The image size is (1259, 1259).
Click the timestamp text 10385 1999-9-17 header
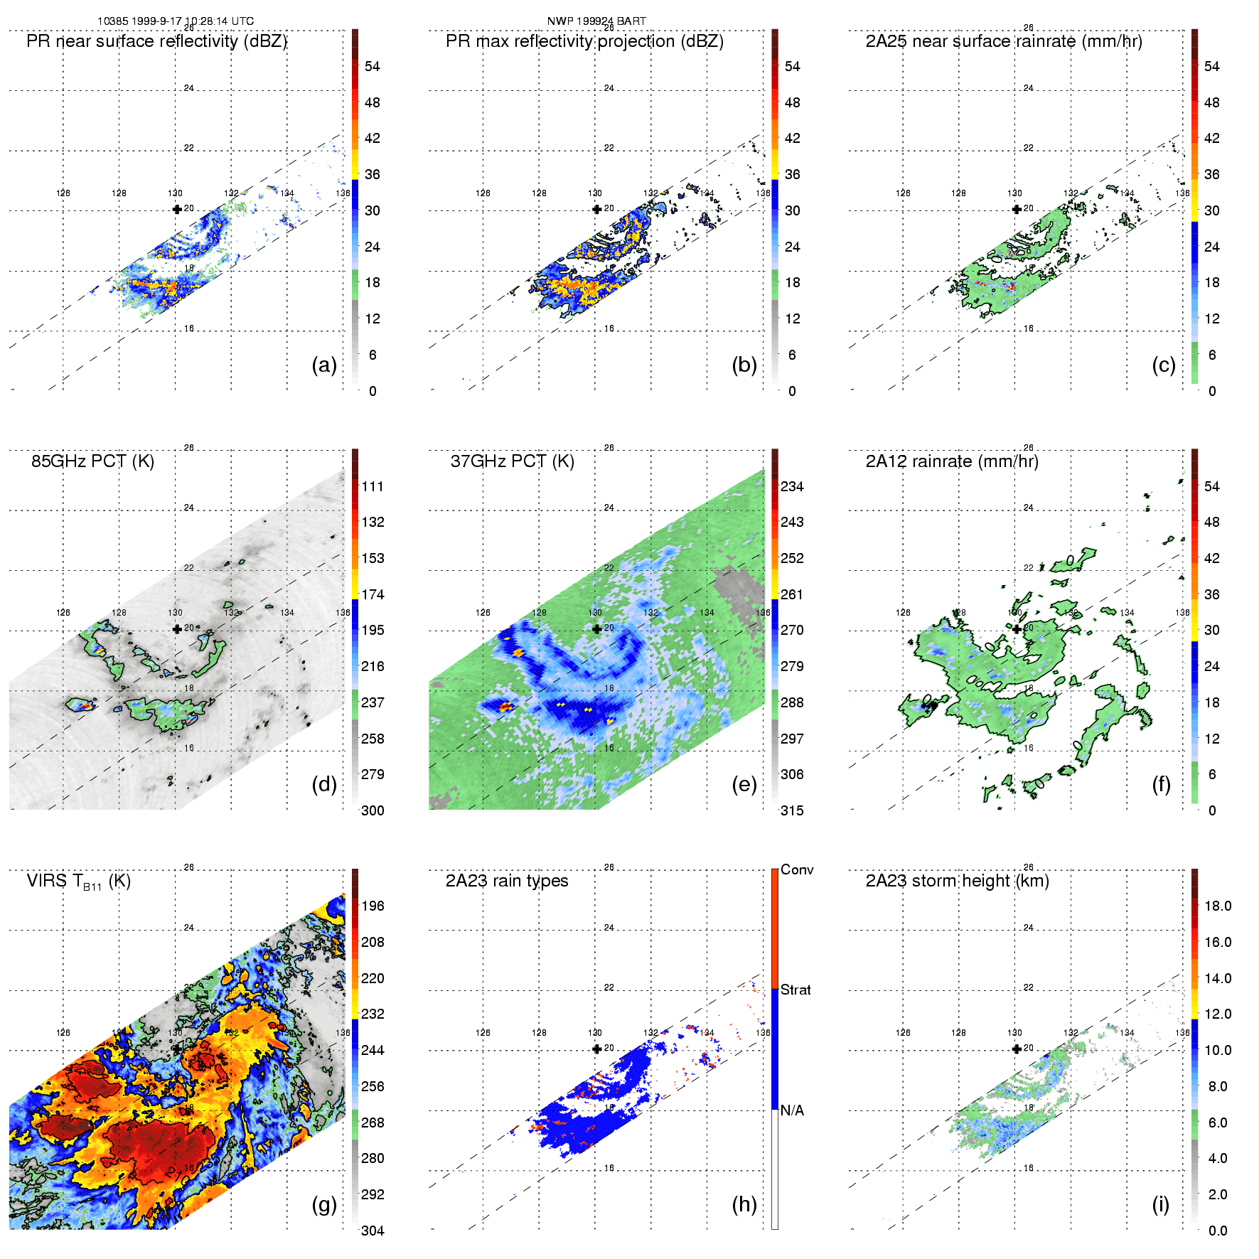pos(175,21)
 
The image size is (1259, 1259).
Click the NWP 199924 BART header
pos(596,21)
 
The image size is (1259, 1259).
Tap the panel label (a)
pos(324,365)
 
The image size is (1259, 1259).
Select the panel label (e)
pos(744,784)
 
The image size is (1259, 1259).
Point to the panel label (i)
pos(1160,1204)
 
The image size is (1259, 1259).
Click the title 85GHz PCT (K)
pos(92,461)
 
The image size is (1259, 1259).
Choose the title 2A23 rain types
pos(507,881)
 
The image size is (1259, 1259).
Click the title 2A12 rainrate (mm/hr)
pos(952,461)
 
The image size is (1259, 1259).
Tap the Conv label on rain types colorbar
pos(797,869)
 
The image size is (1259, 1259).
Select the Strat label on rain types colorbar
pos(795,990)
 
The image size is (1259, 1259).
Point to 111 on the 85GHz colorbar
pos(373,486)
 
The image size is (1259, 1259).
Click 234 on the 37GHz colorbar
pos(792,486)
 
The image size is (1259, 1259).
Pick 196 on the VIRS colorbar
pos(373,906)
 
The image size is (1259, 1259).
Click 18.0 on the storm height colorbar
pos(1218,906)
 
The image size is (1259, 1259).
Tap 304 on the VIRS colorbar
pos(373,1231)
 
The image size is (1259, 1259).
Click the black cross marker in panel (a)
pos(177,209)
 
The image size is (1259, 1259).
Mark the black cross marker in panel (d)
pos(177,628)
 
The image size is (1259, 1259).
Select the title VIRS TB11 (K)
pos(78,882)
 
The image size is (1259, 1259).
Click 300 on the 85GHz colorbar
pos(373,810)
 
